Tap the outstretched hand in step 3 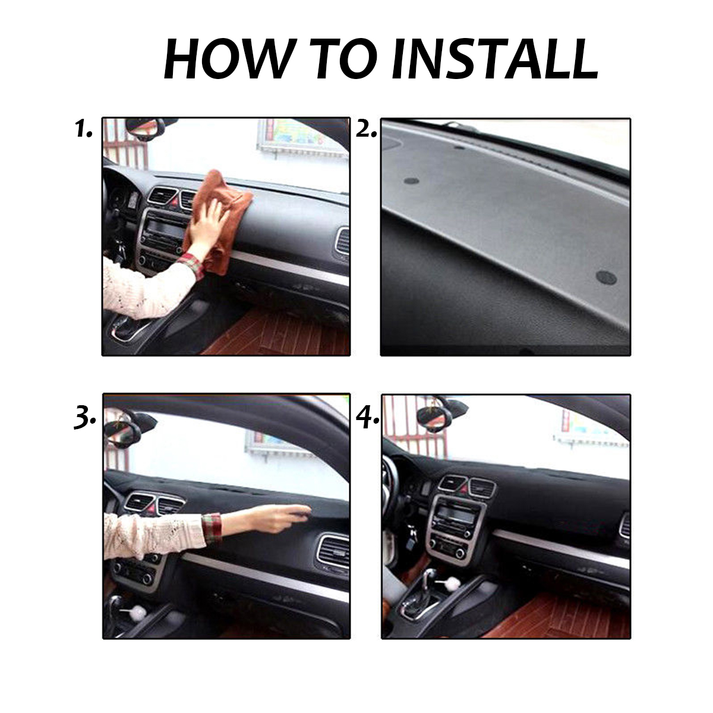click(x=282, y=517)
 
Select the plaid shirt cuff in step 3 click(x=212, y=528)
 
